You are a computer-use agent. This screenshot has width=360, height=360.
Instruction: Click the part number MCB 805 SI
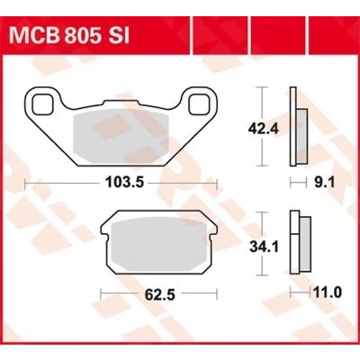tap(69, 36)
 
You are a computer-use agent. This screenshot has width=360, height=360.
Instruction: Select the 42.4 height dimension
tap(264, 129)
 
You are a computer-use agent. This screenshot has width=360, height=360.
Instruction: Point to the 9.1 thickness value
tap(324, 182)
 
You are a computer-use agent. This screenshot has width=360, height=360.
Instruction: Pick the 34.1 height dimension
tap(264, 247)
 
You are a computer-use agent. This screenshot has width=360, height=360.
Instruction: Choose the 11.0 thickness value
tap(326, 292)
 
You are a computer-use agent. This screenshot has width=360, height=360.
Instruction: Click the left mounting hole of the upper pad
tap(42, 104)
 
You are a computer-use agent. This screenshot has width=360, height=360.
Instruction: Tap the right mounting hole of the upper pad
tap(199, 104)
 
